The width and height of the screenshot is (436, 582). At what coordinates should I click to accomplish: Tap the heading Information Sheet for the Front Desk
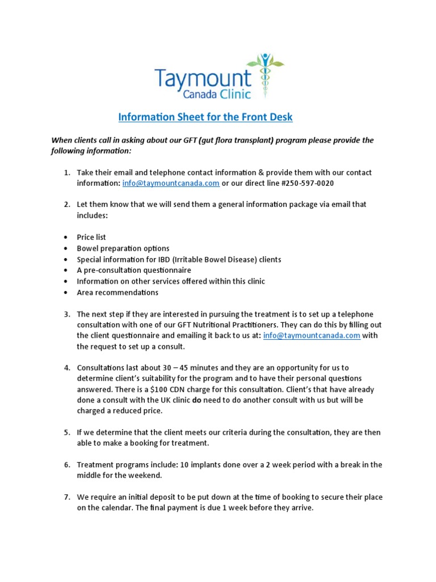pos(205,118)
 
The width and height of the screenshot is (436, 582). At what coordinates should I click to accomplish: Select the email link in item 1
pos(171,183)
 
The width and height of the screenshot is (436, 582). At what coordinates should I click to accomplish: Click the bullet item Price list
pos(91,237)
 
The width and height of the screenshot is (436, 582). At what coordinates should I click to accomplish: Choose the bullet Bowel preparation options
pos(123,248)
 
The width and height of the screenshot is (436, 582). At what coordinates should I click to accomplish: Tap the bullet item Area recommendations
pos(118,292)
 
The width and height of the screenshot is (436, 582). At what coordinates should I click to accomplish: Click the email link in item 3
pos(312,335)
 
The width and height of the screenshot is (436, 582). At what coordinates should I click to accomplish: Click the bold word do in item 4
pos(197,400)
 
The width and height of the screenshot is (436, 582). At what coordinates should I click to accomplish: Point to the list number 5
pos(66,433)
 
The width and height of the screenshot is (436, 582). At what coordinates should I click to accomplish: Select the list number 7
pos(66,497)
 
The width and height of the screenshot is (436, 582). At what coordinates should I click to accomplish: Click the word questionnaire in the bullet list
pos(164,270)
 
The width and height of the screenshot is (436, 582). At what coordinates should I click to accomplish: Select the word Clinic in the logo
pos(230,93)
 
